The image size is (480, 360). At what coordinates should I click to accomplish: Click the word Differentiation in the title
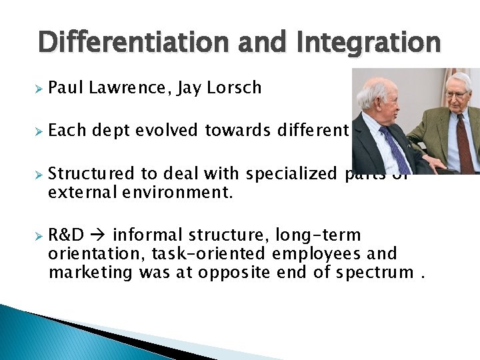127,43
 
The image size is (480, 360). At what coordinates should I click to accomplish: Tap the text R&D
66,235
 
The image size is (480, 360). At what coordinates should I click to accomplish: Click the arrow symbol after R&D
99,235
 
